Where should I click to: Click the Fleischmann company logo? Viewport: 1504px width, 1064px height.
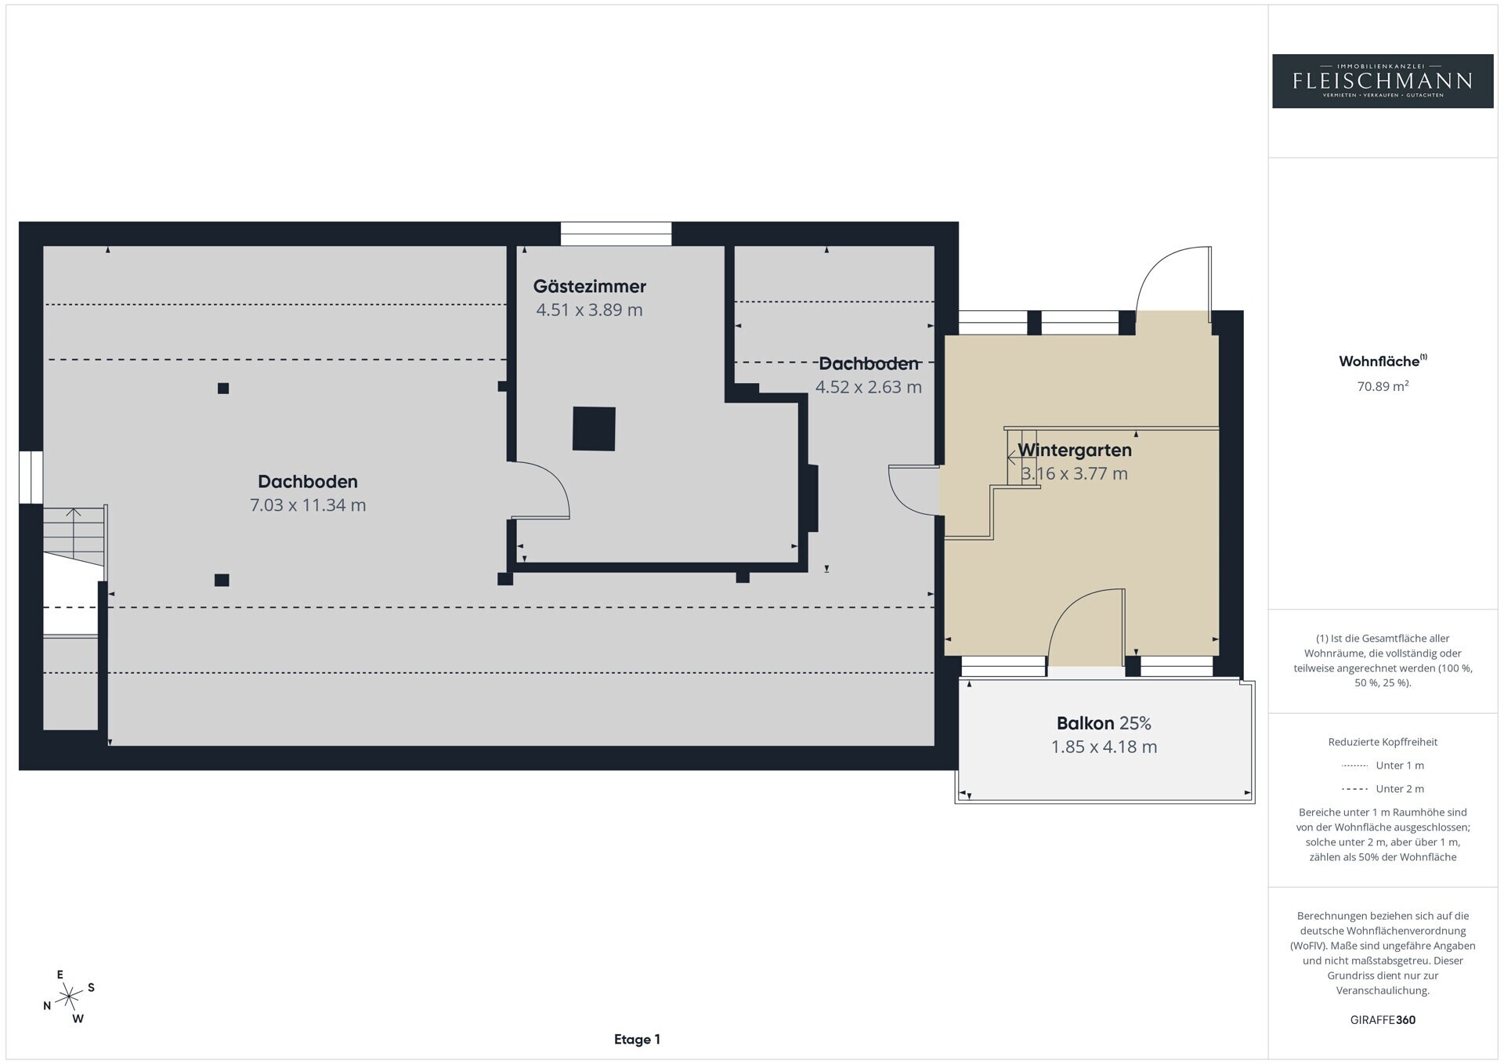1383,81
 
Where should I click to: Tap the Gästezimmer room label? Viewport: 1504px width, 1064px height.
590,286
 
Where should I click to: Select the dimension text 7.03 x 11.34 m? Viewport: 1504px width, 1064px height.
308,505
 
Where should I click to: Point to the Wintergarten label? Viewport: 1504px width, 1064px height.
1075,450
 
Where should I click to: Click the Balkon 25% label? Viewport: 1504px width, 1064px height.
1104,723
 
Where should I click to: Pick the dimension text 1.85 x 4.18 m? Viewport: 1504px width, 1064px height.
1104,747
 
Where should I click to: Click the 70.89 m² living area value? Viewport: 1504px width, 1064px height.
1383,385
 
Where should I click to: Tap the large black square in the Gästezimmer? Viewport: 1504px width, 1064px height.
594,429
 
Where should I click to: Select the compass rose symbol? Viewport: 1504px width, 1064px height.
70,997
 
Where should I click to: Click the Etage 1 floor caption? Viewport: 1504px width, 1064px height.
637,1040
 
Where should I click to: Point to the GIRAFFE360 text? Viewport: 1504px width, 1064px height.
1383,1020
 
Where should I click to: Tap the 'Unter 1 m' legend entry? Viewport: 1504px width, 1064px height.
1383,765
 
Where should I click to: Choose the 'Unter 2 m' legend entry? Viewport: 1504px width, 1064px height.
1383,789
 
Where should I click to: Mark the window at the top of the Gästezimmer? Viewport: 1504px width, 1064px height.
616,234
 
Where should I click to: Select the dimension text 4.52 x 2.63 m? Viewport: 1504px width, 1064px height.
869,387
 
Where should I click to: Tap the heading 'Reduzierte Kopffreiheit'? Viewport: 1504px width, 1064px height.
1383,742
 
